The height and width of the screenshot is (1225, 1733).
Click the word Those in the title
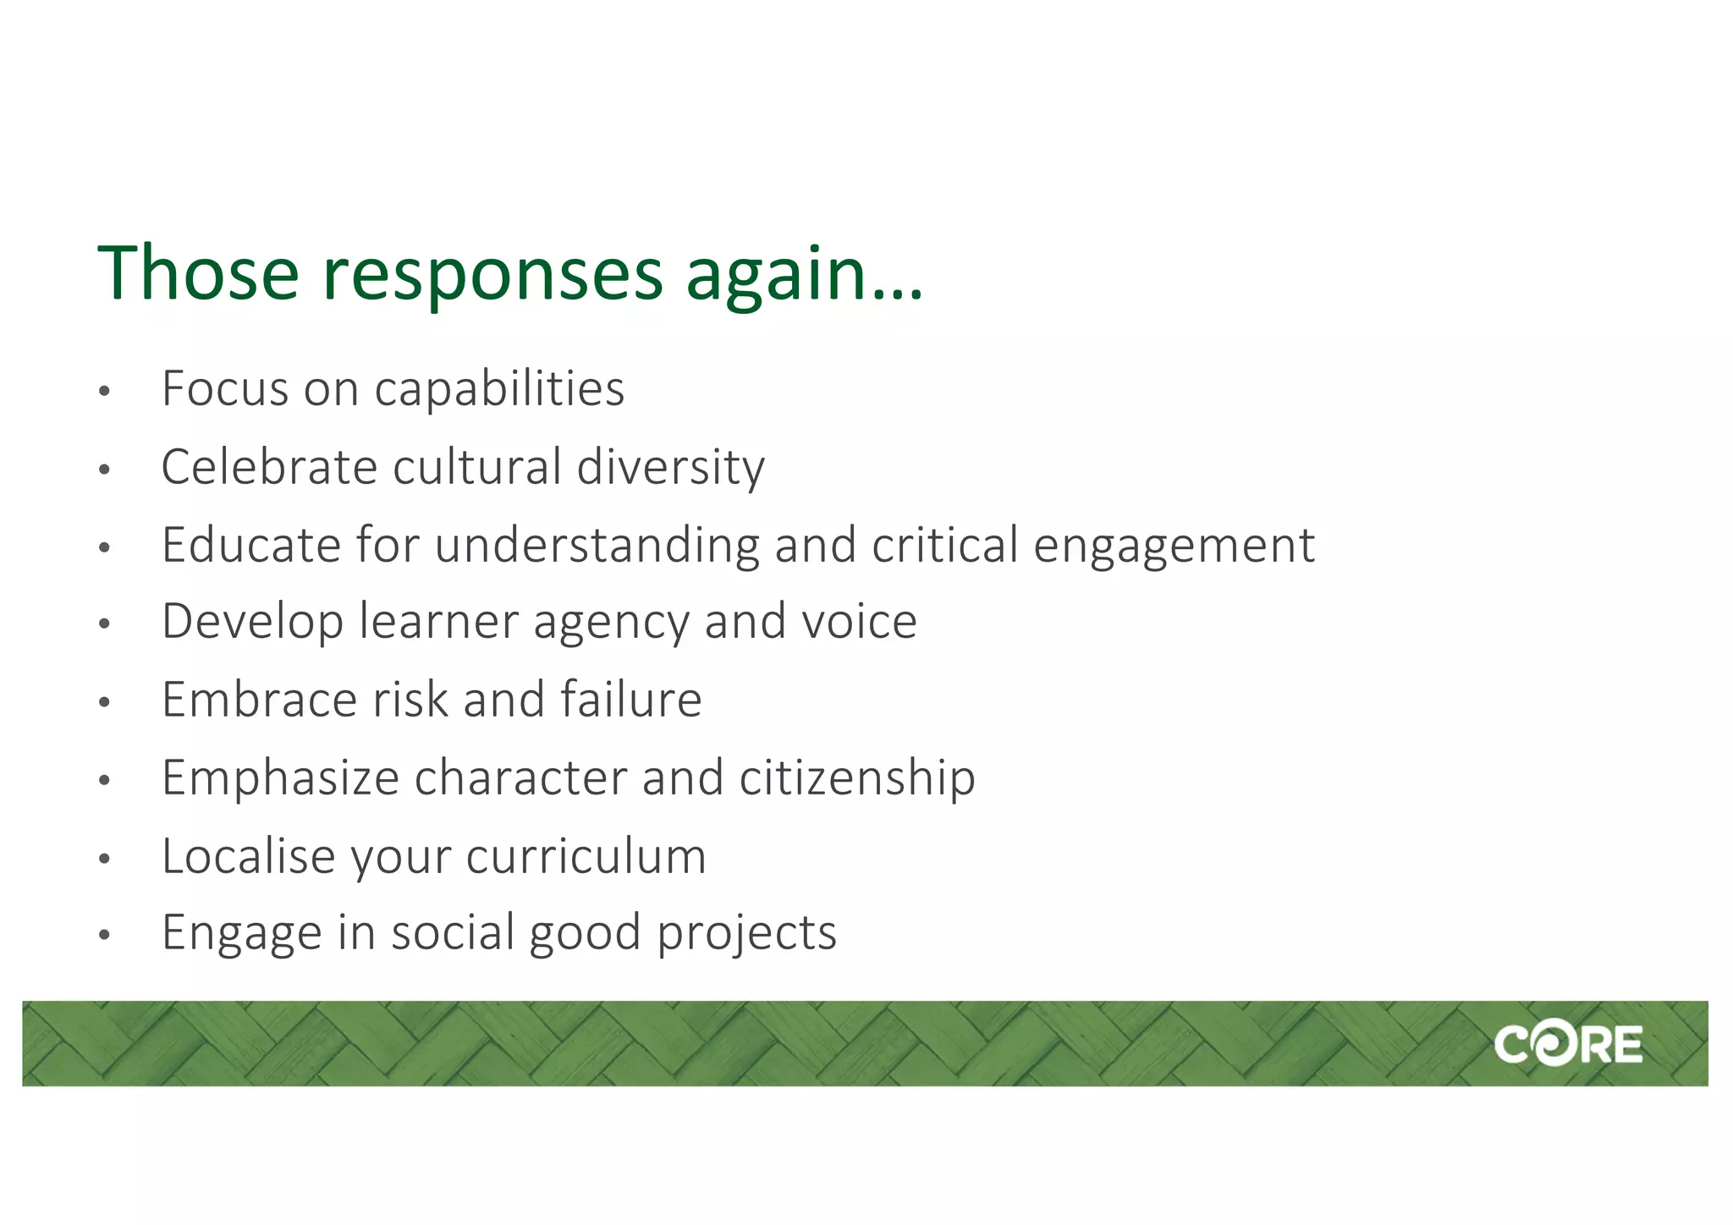tap(198, 272)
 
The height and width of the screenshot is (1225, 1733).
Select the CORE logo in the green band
tap(1568, 1044)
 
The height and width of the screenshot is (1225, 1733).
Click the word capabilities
tap(499, 390)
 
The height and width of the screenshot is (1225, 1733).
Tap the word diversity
tap(670, 468)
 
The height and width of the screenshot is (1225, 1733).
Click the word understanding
tap(597, 546)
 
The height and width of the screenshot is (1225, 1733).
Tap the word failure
tap(630, 700)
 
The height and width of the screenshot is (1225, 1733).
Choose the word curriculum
tap(586, 856)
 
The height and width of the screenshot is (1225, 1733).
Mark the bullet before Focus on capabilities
tap(104, 392)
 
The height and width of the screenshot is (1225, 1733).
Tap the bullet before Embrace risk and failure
tap(104, 702)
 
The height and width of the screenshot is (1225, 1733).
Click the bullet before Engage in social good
tap(104, 936)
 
